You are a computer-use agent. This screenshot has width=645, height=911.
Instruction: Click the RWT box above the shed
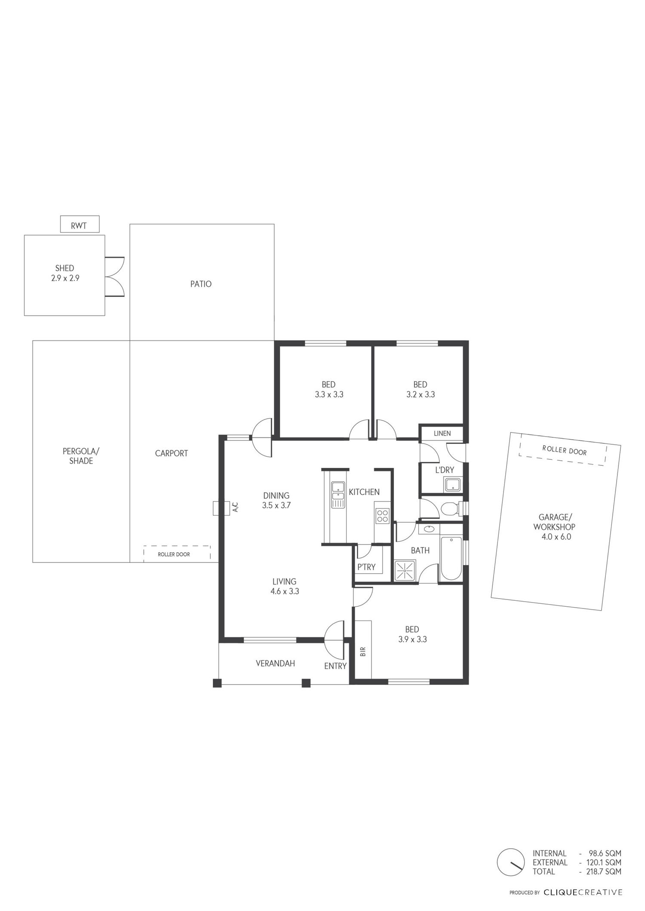point(80,224)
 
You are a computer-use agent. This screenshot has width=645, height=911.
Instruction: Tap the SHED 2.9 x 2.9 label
point(65,273)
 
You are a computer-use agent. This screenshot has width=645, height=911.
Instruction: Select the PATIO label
point(201,284)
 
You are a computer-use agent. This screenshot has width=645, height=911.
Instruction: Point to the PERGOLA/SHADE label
point(81,456)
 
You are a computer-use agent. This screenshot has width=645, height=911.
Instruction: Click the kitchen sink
point(338,495)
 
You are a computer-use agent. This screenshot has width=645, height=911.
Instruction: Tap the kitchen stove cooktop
point(382,516)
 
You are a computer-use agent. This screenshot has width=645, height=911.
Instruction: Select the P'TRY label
point(366,567)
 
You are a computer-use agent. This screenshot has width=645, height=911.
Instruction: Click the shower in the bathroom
point(405,571)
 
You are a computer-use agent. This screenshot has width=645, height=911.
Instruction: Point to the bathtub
point(451,559)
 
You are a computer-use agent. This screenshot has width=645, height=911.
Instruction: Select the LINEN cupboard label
point(442,433)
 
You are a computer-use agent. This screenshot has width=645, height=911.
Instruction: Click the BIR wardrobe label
point(363,652)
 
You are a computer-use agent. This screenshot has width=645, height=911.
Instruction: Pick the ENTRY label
point(335,666)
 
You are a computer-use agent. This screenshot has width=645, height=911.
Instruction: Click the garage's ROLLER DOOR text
point(564,450)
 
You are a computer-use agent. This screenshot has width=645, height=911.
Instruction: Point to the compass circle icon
point(511,862)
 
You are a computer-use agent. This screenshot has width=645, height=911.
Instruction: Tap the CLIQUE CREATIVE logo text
point(583,893)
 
